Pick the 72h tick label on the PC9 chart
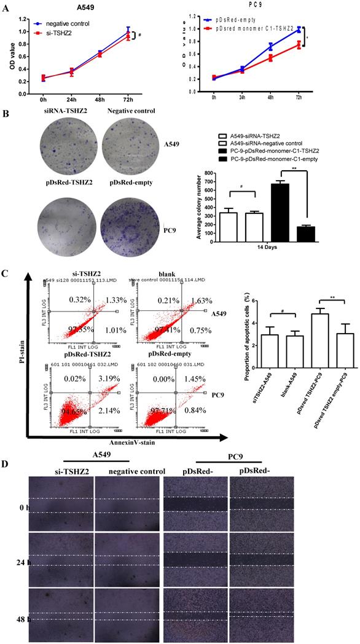[299, 97]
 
